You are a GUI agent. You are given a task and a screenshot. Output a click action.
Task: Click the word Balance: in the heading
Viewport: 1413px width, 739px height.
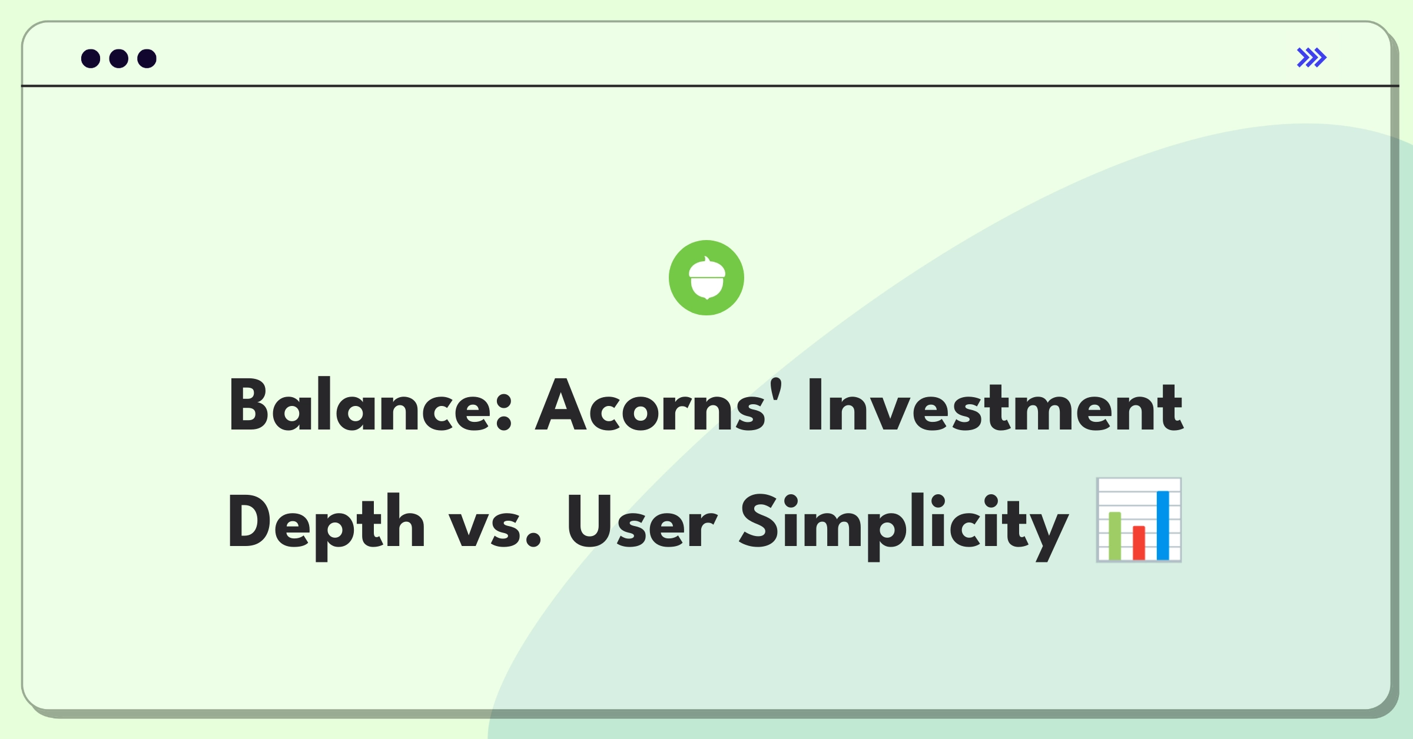point(370,407)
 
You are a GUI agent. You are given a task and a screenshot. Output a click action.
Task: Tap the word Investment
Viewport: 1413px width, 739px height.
point(995,407)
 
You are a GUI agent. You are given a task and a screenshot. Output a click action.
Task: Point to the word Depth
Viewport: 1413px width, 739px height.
point(326,523)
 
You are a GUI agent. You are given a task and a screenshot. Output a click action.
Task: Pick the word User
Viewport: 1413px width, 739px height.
point(641,522)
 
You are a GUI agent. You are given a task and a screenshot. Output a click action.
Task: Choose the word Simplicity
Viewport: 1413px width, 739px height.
point(904,523)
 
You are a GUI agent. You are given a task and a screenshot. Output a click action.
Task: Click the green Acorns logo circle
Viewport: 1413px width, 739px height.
point(706,278)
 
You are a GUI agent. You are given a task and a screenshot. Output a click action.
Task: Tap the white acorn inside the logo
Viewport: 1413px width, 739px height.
point(706,279)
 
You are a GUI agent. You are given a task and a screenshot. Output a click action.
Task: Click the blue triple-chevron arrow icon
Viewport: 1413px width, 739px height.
point(1312,58)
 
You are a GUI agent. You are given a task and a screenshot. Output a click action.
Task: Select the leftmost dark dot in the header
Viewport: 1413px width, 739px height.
point(91,59)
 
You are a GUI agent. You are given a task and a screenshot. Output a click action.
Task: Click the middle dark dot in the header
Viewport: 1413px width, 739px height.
point(119,59)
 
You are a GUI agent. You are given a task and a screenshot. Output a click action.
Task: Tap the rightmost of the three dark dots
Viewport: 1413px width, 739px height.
point(147,59)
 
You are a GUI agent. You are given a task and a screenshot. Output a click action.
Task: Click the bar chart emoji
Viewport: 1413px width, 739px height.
point(1139,520)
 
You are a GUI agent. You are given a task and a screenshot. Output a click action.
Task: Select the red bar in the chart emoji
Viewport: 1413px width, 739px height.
point(1139,542)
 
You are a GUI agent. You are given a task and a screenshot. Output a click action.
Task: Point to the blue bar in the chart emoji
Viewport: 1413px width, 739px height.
point(1163,525)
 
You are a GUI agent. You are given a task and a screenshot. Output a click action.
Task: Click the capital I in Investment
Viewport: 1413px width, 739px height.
point(815,407)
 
